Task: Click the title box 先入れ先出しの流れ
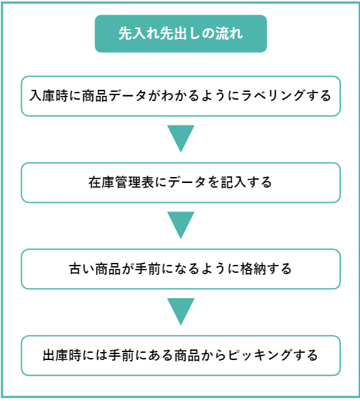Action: point(180,34)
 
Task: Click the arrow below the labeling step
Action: point(180,138)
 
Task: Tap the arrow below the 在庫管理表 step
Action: point(180,225)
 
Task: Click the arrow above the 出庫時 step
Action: point(180,311)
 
